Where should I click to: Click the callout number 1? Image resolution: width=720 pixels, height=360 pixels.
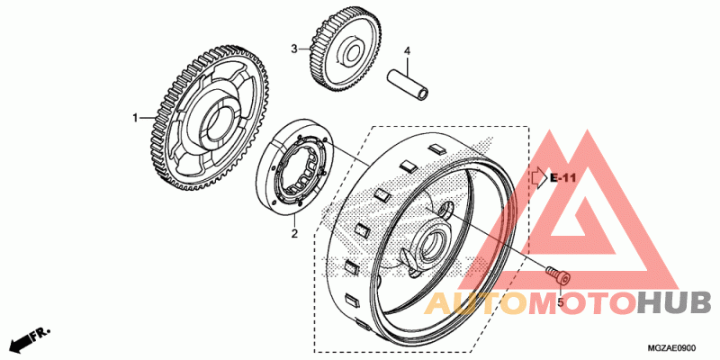(137, 118)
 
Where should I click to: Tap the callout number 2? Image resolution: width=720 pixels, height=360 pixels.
(293, 235)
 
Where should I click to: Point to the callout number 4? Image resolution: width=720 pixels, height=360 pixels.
(406, 50)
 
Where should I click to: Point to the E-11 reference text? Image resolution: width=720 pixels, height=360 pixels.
(562, 178)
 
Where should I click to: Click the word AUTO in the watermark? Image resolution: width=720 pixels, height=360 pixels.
(470, 304)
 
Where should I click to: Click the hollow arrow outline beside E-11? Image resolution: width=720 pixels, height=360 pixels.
(539, 177)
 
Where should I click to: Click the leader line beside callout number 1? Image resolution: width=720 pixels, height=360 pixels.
(148, 118)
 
